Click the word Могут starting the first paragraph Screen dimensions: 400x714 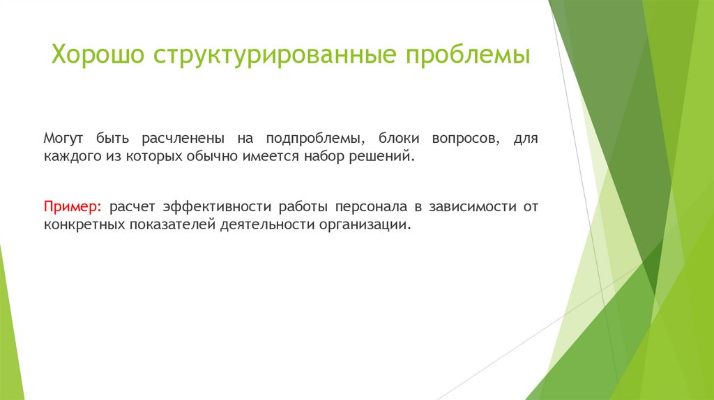pyautogui.click(x=63, y=139)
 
